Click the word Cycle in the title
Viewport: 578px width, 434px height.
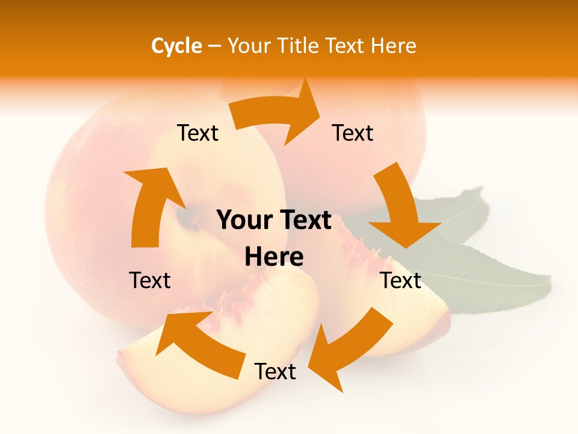coord(176,46)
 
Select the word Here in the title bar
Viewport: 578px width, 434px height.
coord(393,46)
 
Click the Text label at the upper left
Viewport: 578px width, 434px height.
coord(197,133)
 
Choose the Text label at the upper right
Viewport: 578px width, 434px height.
coord(353,133)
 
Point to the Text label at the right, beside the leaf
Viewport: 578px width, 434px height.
coord(400,280)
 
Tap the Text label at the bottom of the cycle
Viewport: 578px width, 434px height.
coord(275,372)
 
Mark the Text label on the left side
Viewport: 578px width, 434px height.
coord(150,280)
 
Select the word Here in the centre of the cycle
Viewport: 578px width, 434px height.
coord(274,257)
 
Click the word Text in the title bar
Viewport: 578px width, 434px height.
coord(346,46)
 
